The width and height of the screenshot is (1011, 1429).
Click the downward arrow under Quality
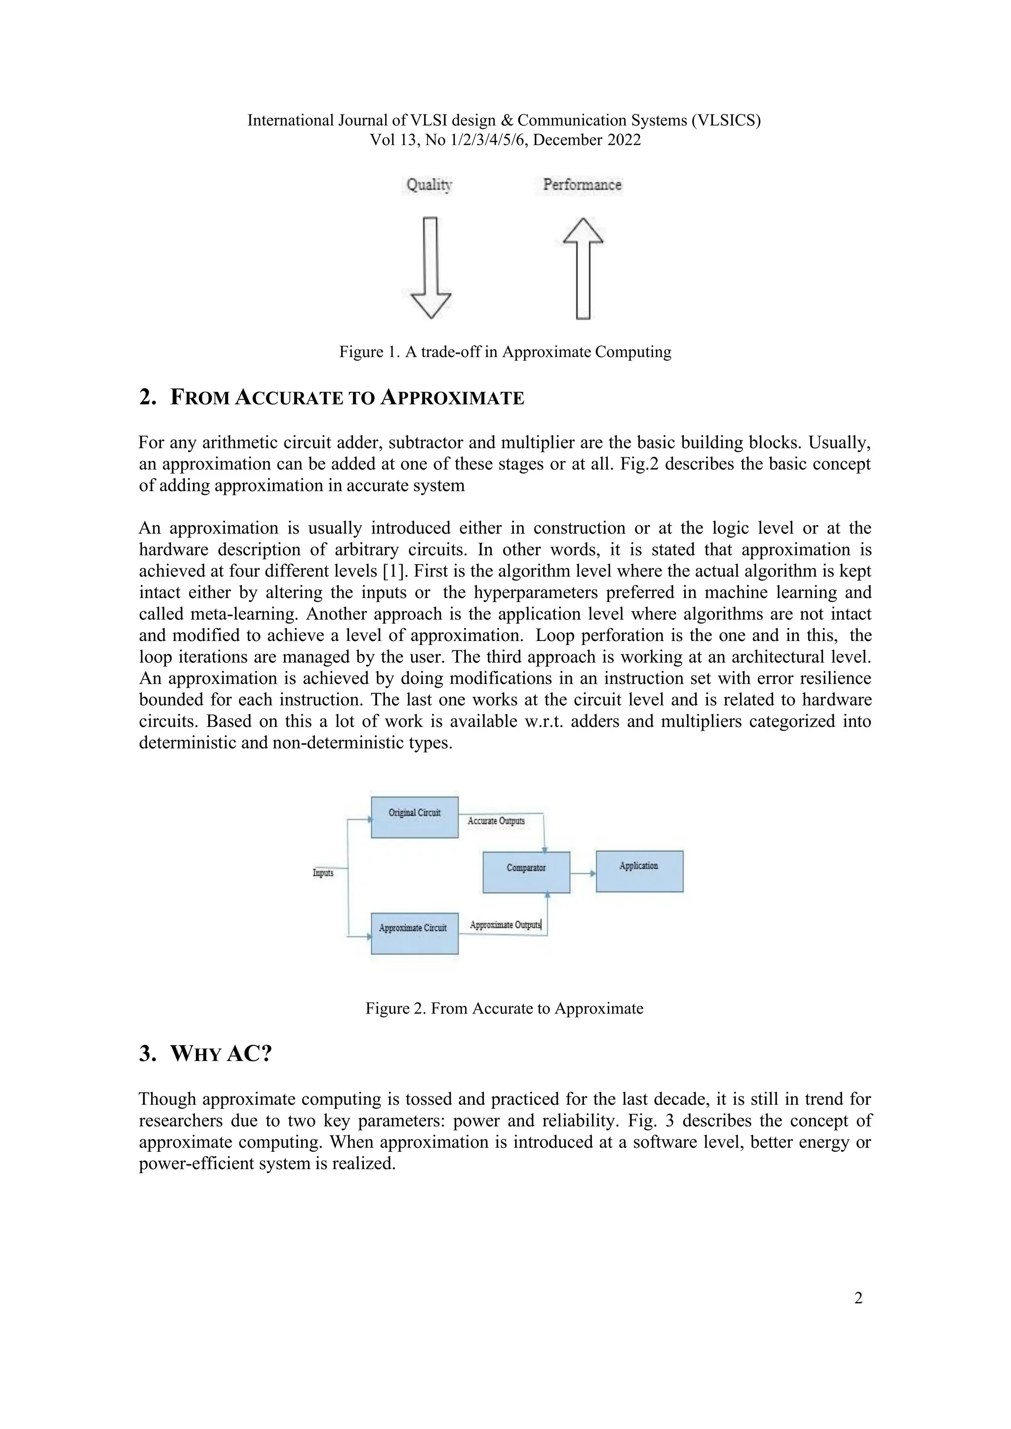pos(430,267)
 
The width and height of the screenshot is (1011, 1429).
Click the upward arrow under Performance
pos(583,267)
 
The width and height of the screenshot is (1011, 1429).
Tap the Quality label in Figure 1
pos(429,185)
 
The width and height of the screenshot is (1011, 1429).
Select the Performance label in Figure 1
pos(582,185)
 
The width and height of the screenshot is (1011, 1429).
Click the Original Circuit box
pos(415,817)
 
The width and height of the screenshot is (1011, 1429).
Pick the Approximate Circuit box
pos(415,933)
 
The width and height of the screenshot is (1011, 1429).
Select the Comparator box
pos(526,872)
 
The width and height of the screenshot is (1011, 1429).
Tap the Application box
pos(639,871)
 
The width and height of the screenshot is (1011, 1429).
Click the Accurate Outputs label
pos(496,821)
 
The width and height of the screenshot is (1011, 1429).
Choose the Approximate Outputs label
pos(505,925)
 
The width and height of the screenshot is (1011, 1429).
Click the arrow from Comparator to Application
pos(583,873)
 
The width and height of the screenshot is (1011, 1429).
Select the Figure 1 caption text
pos(505,352)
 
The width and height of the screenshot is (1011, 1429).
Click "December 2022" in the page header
pos(586,140)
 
